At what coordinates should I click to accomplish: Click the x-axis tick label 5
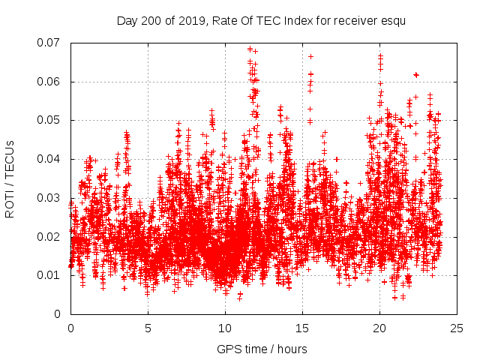148,328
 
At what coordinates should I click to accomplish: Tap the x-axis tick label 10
225,328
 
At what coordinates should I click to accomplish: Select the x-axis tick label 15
302,328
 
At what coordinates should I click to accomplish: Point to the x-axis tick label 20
379,328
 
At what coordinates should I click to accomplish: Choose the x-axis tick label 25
457,328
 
